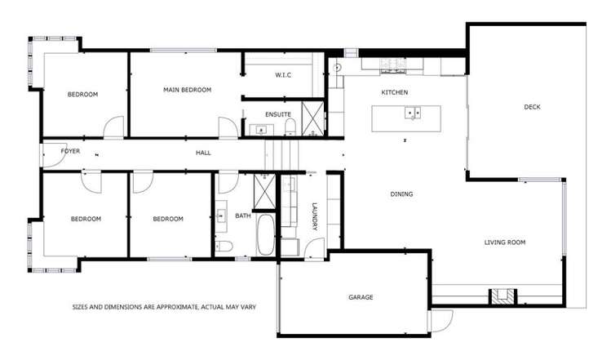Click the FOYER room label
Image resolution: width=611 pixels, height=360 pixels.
tap(59, 152)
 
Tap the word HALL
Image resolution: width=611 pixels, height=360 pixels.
tap(203, 153)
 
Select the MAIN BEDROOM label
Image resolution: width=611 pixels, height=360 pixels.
tap(187, 90)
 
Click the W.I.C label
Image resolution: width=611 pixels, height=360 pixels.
tap(283, 75)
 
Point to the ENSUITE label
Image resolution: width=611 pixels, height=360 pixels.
tap(278, 114)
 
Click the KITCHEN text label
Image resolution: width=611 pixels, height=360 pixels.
tap(394, 92)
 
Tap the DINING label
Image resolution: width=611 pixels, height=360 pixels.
tap(401, 194)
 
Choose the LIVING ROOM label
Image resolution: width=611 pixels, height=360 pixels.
tap(504, 242)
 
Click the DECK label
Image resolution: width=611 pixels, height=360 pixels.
tap(533, 107)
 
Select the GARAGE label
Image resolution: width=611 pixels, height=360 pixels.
tap(360, 297)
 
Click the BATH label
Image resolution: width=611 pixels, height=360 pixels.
tap(243, 216)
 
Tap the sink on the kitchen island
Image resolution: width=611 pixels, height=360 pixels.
tap(413, 113)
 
